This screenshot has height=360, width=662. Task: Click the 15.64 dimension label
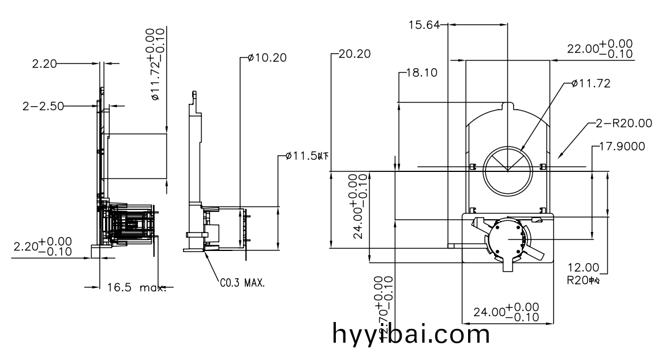coord(424,25)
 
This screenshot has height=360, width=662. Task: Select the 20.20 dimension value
coord(354,54)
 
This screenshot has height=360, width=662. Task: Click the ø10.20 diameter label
coord(267,57)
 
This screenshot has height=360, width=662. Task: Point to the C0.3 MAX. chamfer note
coord(242,283)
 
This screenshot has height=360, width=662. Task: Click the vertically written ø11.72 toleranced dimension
coord(157,64)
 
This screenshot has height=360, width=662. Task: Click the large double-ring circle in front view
coord(507,170)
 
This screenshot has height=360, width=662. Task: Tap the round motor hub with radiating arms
coord(508,239)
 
